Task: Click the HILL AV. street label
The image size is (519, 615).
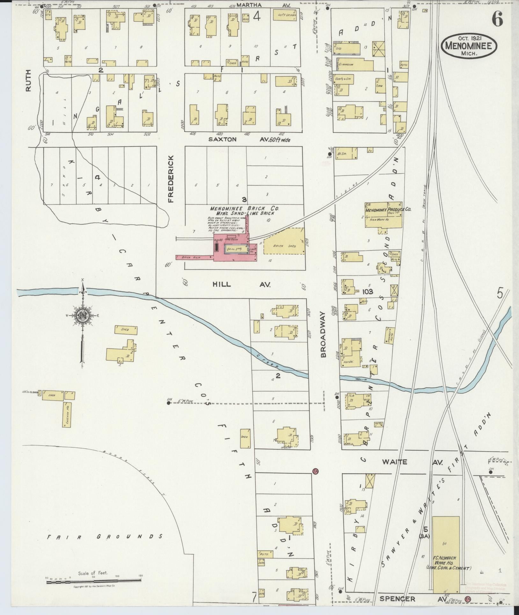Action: point(241,284)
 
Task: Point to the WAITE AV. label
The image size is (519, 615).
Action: point(411,462)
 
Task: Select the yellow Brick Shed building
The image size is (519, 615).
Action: point(284,246)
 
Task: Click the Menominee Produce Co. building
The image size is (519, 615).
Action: point(384,214)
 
